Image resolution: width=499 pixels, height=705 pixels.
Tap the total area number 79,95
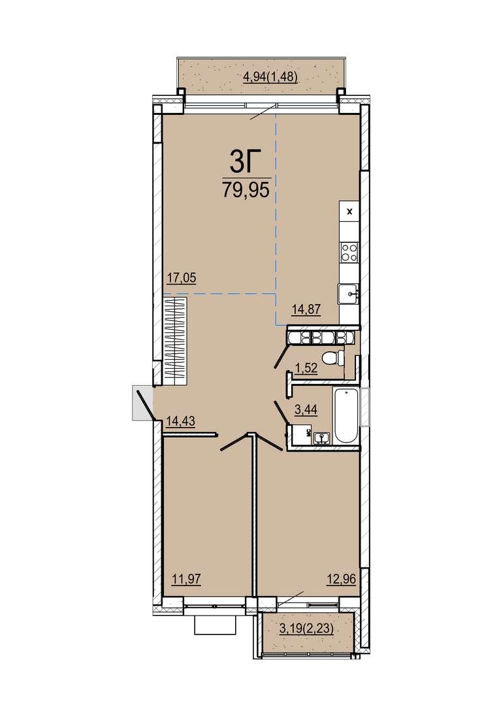point(246,190)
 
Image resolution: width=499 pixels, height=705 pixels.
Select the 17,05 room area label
point(182,279)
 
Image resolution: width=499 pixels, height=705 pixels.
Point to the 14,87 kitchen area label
point(306,310)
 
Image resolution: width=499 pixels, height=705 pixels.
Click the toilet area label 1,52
point(306,368)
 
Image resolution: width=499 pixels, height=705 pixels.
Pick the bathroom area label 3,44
point(306,409)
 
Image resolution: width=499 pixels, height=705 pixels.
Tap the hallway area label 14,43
point(180,422)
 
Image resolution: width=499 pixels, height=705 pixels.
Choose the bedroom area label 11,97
point(186,579)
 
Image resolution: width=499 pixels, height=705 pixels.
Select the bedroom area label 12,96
point(341,579)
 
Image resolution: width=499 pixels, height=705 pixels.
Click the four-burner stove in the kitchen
point(349,252)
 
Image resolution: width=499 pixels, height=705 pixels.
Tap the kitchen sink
point(348,294)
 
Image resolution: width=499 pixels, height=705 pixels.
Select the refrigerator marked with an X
point(350,211)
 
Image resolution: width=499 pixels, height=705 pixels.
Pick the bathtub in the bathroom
point(346,416)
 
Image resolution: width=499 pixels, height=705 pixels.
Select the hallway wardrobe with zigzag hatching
point(174,340)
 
